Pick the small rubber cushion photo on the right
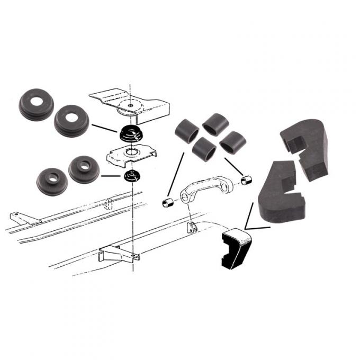tap(84, 168)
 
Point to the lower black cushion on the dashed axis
tap(130, 175)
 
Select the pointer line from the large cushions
tap(104, 128)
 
